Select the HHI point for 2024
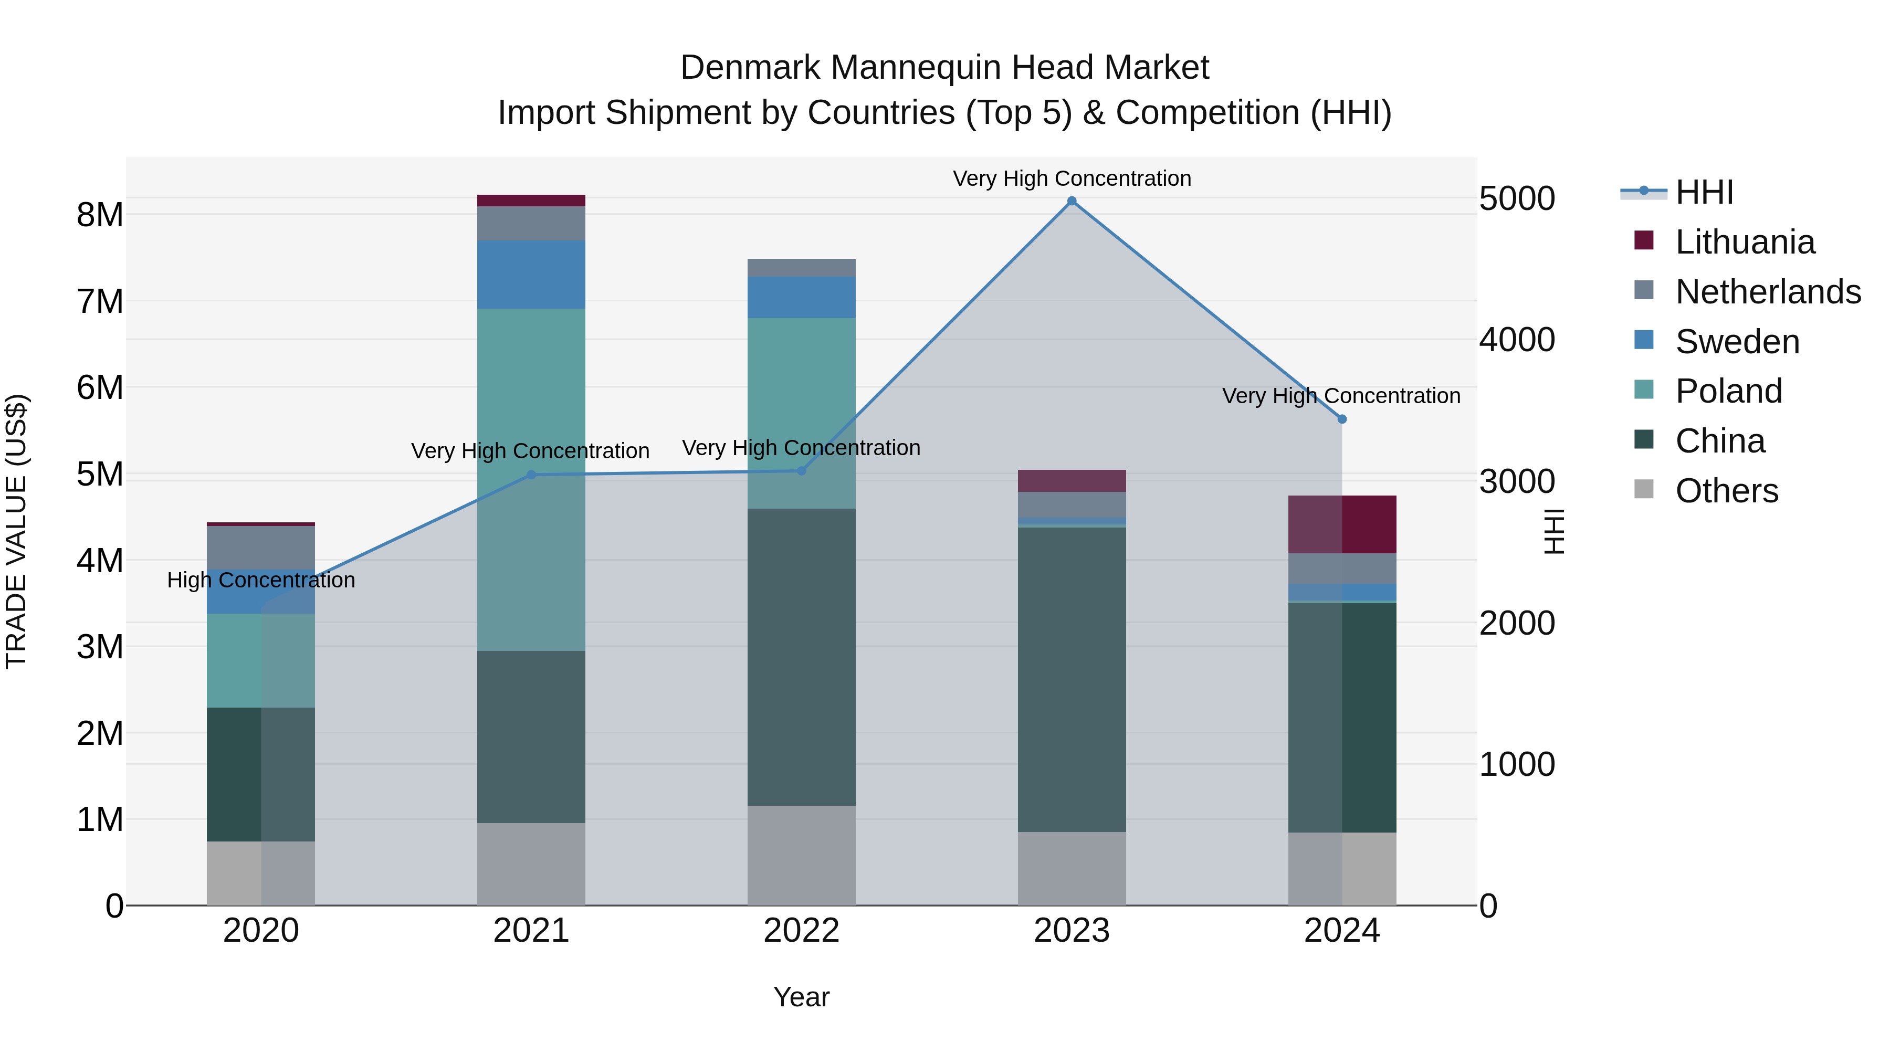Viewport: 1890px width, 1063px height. (x=1342, y=419)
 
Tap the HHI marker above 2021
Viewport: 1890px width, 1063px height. (x=531, y=475)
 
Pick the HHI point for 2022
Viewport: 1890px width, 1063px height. (x=801, y=471)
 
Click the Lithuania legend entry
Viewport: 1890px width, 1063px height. (x=1745, y=242)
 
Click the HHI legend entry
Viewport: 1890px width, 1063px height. (x=1704, y=192)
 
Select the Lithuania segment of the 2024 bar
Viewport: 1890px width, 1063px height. (x=1342, y=524)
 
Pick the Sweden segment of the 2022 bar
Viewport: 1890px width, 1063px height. (x=801, y=297)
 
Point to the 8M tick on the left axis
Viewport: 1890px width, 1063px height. (x=100, y=215)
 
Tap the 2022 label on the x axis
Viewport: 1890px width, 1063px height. (x=801, y=931)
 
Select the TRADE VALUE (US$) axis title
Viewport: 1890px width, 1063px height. (x=16, y=531)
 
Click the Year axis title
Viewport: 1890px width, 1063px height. (x=801, y=997)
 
